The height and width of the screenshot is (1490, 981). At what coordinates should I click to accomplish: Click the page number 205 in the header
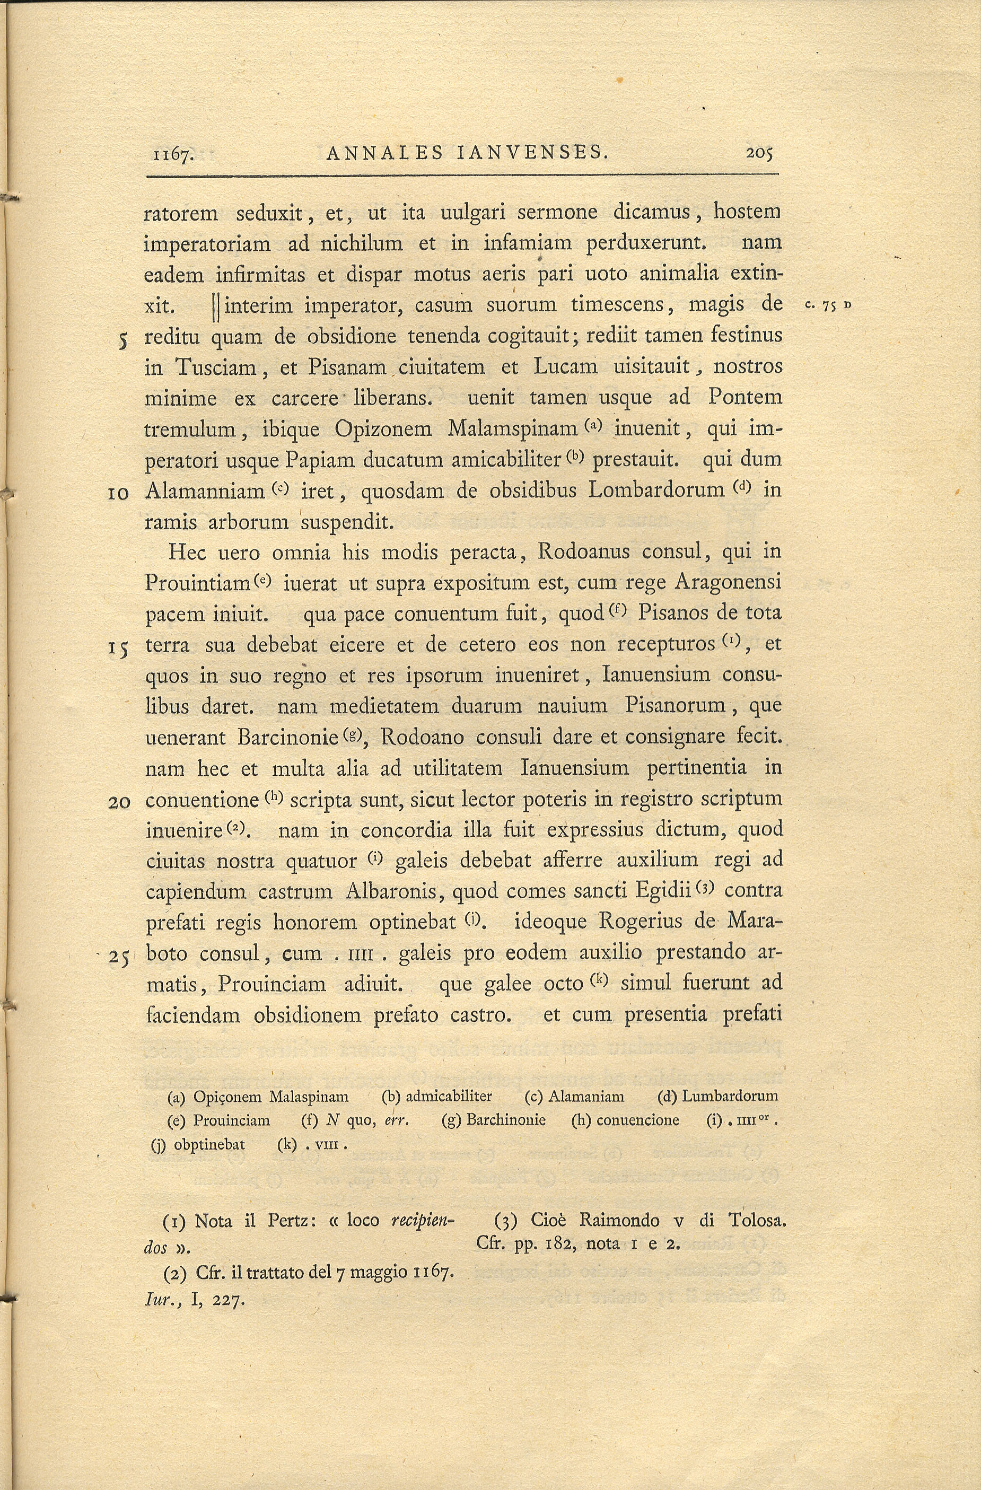coord(759,153)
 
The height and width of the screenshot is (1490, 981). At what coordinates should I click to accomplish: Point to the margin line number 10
coord(118,493)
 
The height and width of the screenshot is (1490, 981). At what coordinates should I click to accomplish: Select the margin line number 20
coord(118,802)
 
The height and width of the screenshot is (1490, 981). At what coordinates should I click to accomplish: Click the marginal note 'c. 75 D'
coord(829,305)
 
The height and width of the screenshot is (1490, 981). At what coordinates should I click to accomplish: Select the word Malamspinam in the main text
coord(513,429)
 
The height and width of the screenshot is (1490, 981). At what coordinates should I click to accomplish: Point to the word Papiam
coord(312,460)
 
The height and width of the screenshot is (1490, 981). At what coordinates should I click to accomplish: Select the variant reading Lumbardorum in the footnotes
coord(730,1096)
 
